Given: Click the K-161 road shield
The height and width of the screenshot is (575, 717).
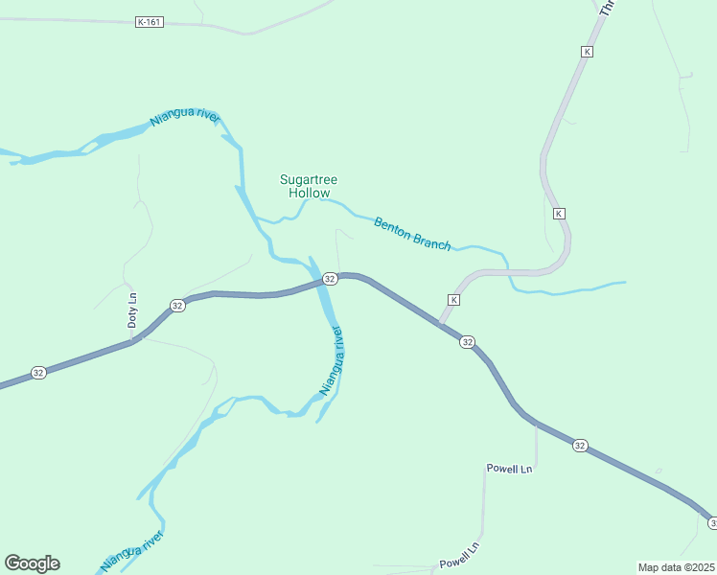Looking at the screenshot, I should point(149,22).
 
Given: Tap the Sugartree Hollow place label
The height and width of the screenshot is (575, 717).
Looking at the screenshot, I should point(309,186).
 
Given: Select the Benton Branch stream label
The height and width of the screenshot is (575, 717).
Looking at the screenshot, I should point(412,233).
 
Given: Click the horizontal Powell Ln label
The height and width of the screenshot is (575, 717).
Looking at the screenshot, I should point(509,469).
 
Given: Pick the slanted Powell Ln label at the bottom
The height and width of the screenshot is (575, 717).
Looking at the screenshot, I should point(458,555).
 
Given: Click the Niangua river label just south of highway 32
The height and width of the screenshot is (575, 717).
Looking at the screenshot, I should point(331,361).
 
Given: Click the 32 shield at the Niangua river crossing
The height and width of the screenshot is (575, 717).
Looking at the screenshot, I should point(330,278).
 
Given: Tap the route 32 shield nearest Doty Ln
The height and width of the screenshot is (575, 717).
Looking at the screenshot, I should point(176,305).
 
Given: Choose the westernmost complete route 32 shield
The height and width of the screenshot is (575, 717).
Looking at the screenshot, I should point(37,373).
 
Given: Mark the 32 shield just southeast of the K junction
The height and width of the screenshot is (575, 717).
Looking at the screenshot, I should point(467,342).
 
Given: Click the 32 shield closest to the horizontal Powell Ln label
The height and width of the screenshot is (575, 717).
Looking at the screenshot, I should point(580,446).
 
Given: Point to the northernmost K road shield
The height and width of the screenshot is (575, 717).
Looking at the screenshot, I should point(588,51).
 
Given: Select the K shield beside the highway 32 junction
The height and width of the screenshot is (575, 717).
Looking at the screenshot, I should point(453,300).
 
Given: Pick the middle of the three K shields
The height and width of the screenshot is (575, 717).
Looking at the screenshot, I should point(559,213).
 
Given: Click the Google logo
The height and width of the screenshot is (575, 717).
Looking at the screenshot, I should point(32,563).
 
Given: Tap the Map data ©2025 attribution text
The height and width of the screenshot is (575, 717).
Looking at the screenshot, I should point(677,567).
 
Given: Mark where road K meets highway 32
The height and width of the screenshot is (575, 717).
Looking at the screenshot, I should point(440,321).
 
